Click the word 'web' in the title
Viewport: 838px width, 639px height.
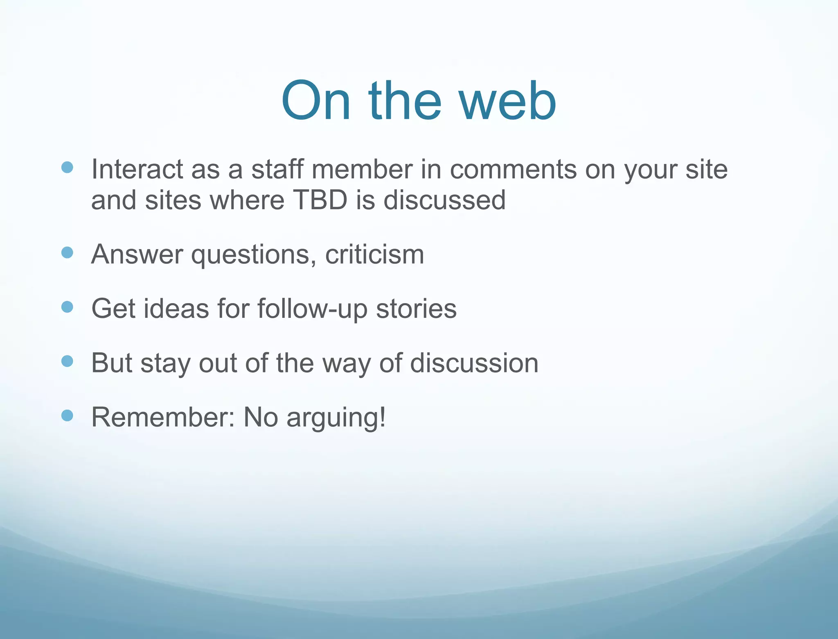tap(507, 102)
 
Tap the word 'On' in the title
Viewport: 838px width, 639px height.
tap(315, 102)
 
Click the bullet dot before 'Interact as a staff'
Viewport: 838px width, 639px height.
tap(67, 167)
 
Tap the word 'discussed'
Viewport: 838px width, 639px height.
tap(444, 200)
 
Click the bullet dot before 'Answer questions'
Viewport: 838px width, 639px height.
tap(67, 253)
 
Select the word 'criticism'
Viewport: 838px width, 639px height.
tap(374, 254)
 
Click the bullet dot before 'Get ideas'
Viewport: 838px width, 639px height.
tap(67, 307)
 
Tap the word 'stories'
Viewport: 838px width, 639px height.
tap(416, 308)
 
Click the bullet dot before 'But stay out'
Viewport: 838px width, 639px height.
tap(67, 361)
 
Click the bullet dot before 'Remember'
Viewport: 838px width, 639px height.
tap(67, 416)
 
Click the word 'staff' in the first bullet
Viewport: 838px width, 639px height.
tap(277, 169)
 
